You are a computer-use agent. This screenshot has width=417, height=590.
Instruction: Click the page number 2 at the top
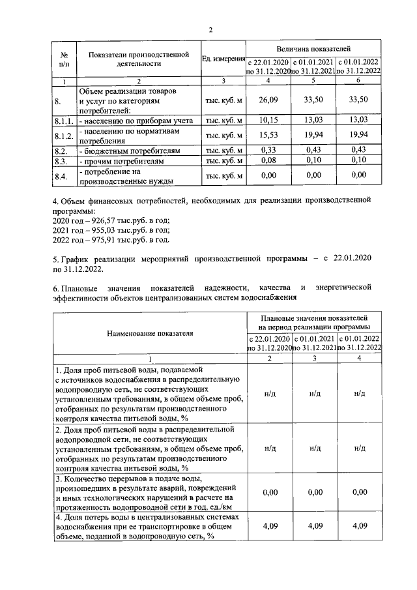pos(210,29)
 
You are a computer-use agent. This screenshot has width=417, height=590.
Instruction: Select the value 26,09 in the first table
pos(268,100)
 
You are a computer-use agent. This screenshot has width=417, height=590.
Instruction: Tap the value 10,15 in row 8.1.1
pos(268,121)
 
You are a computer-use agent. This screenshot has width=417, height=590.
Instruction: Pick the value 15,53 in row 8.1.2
pos(268,135)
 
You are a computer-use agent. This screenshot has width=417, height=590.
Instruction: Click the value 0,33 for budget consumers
pos(268,150)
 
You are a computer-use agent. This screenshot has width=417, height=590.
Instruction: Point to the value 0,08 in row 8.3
pos(268,160)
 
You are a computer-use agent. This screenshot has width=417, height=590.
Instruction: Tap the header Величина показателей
pos(313,49)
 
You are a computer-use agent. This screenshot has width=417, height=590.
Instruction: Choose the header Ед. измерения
pos(223,60)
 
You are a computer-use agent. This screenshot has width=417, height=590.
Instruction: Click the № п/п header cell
pos(64,59)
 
